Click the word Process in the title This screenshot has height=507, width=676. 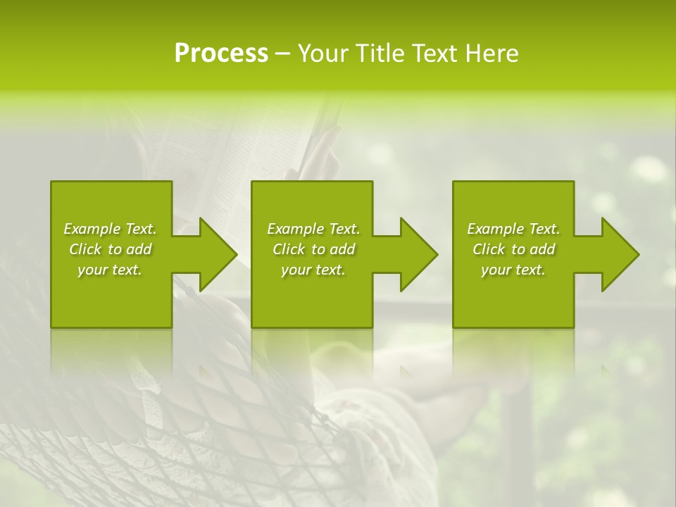click(221, 54)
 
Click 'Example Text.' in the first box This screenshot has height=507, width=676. click(110, 229)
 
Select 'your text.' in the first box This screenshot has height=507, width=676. click(110, 270)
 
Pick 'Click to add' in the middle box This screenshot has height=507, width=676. click(313, 249)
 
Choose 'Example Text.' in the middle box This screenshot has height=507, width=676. click(313, 229)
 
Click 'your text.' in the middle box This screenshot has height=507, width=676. click(313, 270)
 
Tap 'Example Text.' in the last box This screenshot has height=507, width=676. click(513, 229)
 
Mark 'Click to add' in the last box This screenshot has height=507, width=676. click(513, 249)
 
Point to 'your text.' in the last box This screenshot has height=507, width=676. click(513, 270)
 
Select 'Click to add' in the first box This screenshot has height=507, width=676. click(110, 249)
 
